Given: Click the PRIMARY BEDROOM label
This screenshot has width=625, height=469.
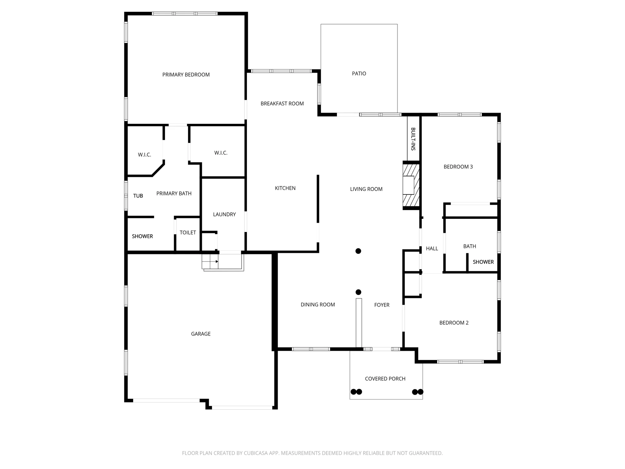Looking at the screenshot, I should click(186, 75).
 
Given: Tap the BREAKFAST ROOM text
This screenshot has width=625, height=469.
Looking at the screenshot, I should click(282, 103).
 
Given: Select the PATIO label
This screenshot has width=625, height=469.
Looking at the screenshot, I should click(359, 73).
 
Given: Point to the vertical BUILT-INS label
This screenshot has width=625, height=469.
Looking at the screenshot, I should click(413, 139).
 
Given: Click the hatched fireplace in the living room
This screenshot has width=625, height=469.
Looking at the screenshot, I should click(411, 185).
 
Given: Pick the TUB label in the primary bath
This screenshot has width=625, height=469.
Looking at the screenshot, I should click(138, 196).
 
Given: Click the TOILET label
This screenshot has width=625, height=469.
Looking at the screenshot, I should click(187, 233).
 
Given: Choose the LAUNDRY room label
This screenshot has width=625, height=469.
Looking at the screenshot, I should click(224, 214).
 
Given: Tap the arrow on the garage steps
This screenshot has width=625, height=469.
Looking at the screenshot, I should click(216, 261).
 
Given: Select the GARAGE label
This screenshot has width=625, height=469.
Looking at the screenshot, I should click(201, 334).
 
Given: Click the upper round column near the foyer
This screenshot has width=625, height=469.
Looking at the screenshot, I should click(358, 251).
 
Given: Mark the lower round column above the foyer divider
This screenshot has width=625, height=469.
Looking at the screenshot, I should click(358, 292).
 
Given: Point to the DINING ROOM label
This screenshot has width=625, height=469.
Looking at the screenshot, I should click(317, 305).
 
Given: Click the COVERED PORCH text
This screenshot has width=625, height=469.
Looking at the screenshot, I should click(385, 379).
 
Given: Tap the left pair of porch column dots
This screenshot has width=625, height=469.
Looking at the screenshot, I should click(356, 392).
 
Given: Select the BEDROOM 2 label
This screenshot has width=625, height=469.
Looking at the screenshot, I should click(454, 323).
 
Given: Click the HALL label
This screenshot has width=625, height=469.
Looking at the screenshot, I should click(432, 249).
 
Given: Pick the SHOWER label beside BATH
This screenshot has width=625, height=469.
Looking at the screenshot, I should click(483, 262).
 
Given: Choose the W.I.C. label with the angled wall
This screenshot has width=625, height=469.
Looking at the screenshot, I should click(144, 155).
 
